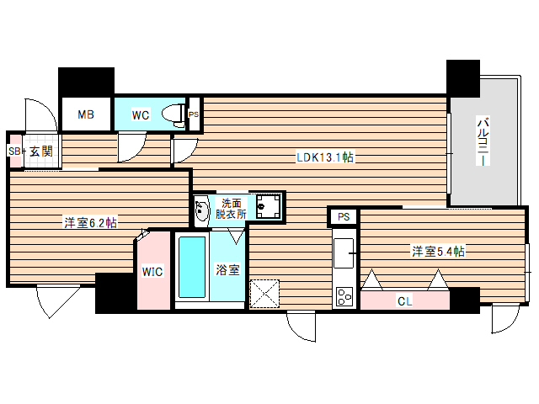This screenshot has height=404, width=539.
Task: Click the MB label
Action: coord(86,115)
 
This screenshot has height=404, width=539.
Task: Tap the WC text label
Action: coord(141,115)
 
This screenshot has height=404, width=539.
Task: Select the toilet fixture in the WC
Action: coord(174,114)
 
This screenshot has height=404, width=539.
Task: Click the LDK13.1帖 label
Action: coord(323,157)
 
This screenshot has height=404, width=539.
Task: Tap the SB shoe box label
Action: coord(13,151)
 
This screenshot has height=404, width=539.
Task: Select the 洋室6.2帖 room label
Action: coord(90,223)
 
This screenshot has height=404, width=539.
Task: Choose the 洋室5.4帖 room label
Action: coord(439,251)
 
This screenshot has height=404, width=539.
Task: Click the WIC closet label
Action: coord(152,272)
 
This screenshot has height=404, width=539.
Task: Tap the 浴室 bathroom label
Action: coord(227,271)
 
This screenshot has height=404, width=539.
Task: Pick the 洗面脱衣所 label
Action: coord(233,209)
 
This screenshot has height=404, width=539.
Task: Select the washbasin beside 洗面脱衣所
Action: coord(202,211)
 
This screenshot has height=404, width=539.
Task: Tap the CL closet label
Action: coord(405,300)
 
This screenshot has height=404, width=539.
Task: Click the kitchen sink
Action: coord(344,252)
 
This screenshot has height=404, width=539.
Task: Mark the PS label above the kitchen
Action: coord(343,217)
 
